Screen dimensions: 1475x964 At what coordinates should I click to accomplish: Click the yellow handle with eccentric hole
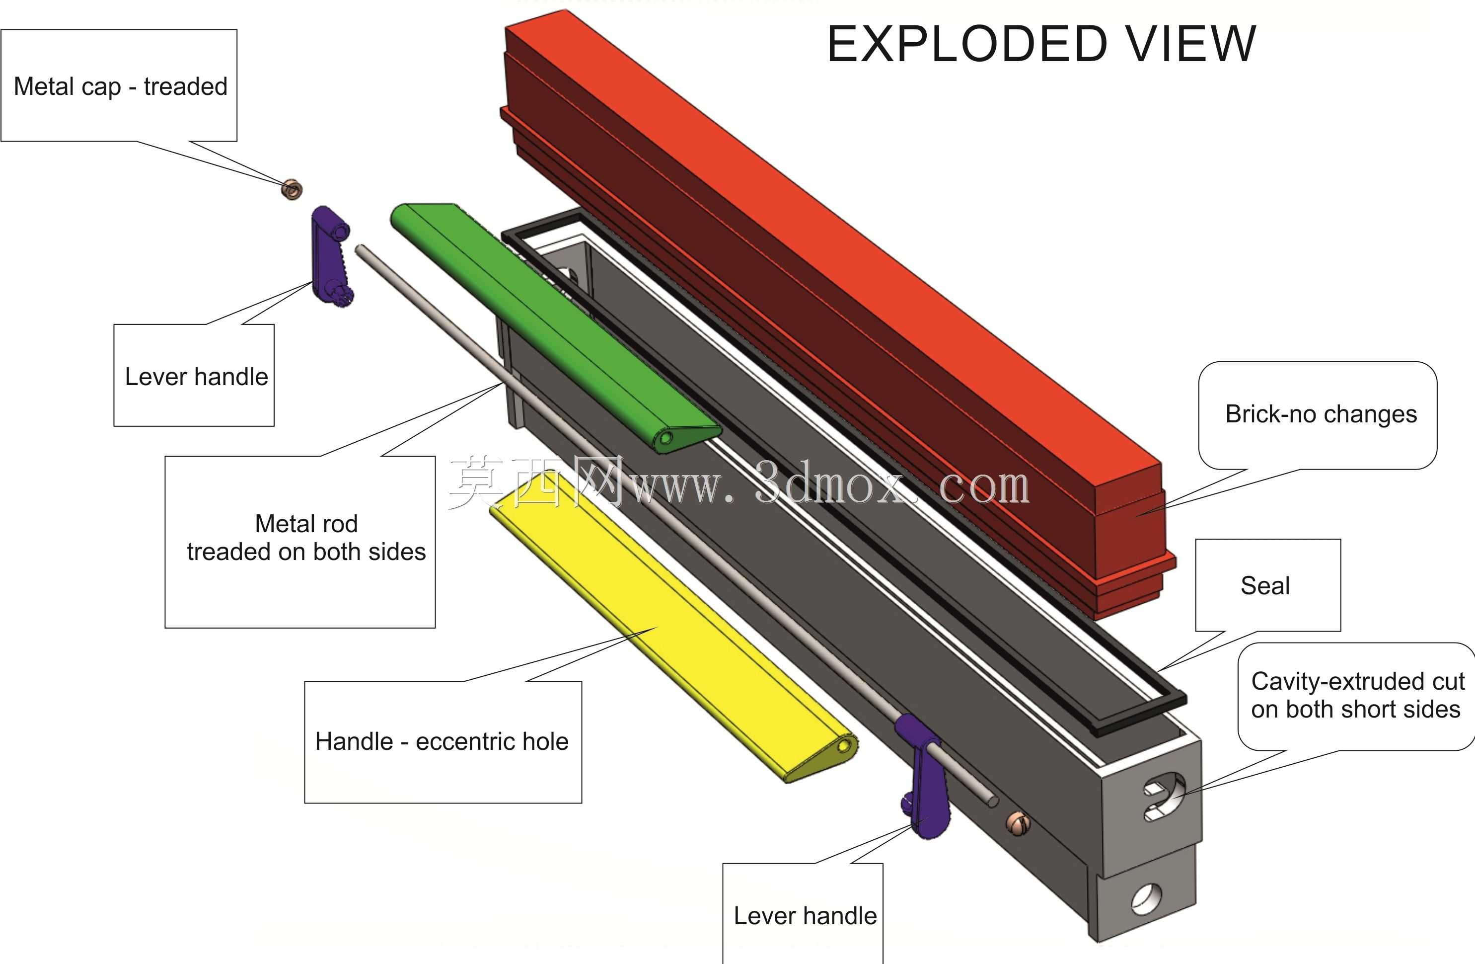click(x=672, y=626)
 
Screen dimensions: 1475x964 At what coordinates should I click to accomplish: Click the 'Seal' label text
click(x=1265, y=586)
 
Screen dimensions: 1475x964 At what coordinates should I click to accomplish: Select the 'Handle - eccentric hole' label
click(x=442, y=741)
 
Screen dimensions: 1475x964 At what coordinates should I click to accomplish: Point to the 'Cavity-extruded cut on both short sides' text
click(x=1357, y=695)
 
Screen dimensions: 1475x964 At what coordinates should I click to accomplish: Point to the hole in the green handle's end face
click(x=666, y=438)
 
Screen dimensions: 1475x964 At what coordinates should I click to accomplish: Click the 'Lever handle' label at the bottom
click(x=805, y=916)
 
